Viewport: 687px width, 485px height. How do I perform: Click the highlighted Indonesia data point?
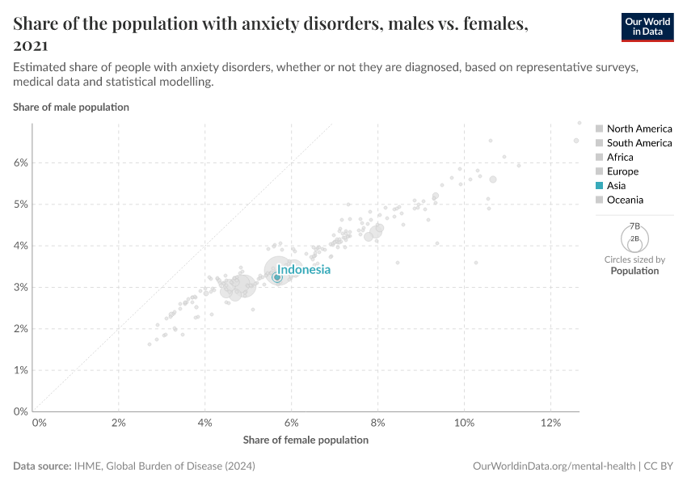click(276, 277)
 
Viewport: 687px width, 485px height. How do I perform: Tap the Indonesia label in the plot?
click(304, 270)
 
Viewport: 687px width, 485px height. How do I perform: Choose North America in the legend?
click(639, 129)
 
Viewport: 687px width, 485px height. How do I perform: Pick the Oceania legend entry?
click(625, 200)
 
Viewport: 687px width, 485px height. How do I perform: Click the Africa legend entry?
click(620, 157)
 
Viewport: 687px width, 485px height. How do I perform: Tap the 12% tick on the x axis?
click(550, 423)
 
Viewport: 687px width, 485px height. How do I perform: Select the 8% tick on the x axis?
click(377, 423)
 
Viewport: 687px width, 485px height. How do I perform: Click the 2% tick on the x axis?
click(119, 423)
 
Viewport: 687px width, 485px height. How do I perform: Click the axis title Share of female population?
click(306, 440)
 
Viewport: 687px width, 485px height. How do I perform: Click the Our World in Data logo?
click(647, 27)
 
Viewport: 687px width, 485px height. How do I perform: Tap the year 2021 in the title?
click(31, 46)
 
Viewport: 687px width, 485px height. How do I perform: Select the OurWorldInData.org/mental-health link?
click(553, 466)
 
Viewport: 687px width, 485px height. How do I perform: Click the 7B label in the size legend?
click(634, 226)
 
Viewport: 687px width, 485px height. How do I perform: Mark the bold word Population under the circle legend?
click(634, 271)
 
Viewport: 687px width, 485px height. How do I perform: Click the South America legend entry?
click(639, 143)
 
